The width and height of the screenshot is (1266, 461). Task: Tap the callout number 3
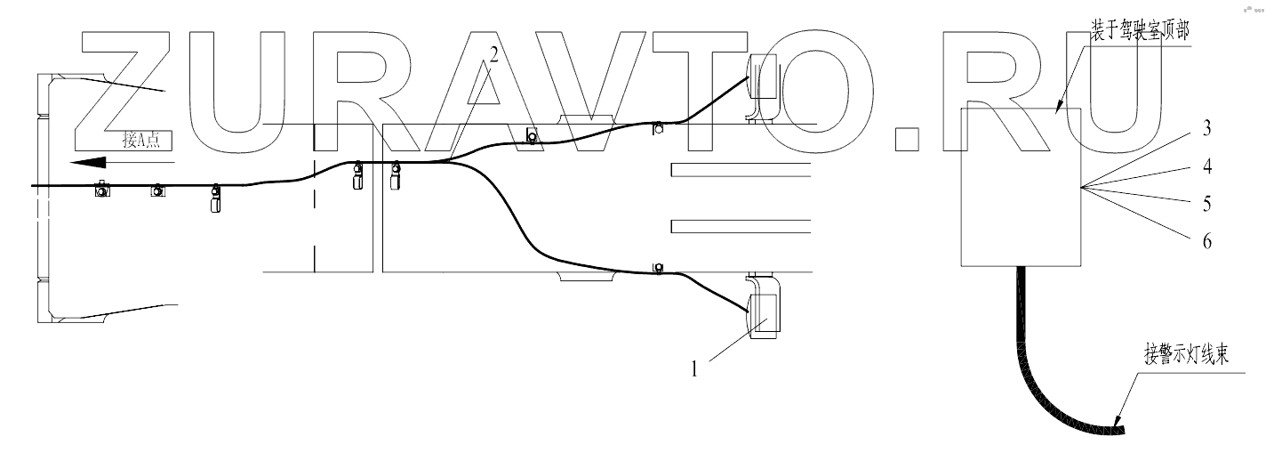click(1206, 128)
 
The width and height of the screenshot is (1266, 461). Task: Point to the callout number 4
click(1206, 166)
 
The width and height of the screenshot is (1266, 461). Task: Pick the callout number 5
click(1206, 203)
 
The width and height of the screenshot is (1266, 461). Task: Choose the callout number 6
click(1206, 240)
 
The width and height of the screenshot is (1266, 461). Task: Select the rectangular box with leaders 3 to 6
click(1021, 187)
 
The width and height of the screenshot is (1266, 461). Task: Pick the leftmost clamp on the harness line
click(102, 190)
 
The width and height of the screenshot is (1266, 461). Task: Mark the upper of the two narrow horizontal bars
click(741, 169)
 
